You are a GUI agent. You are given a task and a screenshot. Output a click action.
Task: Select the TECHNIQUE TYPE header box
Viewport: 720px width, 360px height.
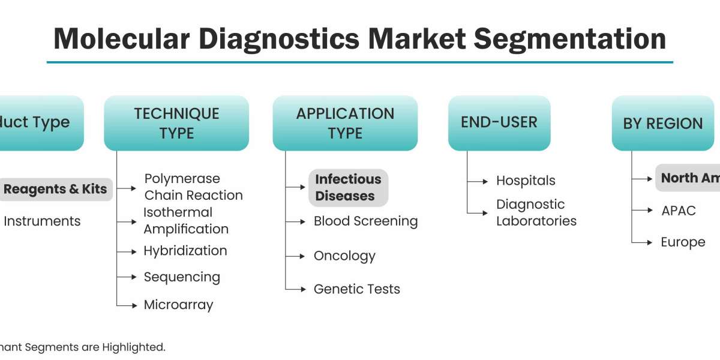[x=176, y=123]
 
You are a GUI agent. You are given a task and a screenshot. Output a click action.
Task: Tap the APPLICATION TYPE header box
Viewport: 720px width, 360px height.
[x=345, y=123]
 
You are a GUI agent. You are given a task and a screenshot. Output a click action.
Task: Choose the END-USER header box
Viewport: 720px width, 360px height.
[x=499, y=122]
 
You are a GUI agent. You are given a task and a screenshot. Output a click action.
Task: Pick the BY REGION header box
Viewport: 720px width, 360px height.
[x=662, y=123]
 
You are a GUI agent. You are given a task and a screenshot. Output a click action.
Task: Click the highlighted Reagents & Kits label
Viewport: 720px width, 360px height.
[x=55, y=189]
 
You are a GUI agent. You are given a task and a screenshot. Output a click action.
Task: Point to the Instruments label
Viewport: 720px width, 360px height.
[x=42, y=221]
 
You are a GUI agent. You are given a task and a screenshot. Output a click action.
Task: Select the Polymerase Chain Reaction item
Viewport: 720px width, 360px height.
[x=193, y=187]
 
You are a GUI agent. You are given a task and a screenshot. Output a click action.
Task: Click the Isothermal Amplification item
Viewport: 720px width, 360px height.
[x=185, y=220]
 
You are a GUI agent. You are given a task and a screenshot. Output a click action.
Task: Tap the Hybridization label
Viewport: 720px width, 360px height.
[x=185, y=251]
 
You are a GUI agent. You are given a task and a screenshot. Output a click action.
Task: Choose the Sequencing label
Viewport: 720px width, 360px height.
[x=181, y=277]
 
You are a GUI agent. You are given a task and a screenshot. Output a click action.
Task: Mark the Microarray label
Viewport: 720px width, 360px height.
[x=178, y=305]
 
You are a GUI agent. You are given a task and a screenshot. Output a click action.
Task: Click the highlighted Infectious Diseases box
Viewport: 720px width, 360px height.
[x=348, y=187]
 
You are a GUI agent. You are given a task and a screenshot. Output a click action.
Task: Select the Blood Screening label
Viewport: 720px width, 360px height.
[x=365, y=221]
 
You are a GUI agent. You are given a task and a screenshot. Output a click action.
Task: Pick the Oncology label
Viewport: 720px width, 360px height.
[x=344, y=256]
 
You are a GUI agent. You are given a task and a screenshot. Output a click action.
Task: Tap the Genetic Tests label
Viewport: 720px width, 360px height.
[x=356, y=289]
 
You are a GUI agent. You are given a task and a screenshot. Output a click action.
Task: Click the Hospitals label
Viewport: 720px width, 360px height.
[x=526, y=180]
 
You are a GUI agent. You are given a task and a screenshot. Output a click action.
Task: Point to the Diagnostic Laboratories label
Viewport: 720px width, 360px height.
[x=536, y=212]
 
